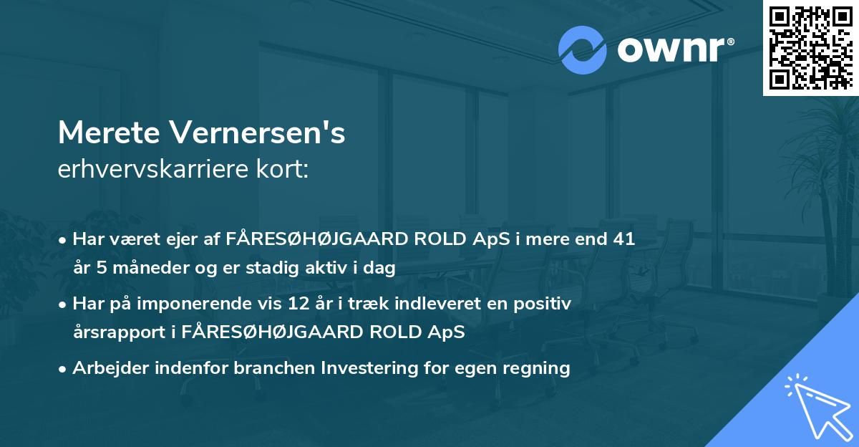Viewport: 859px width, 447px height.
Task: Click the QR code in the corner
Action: (810, 48)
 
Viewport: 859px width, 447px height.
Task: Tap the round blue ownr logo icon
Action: (582, 49)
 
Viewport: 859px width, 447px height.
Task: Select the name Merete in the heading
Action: (107, 133)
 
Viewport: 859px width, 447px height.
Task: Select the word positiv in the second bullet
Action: (545, 304)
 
